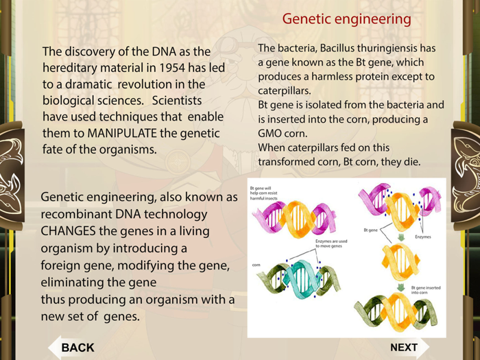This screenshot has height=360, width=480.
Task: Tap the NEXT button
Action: tap(404, 347)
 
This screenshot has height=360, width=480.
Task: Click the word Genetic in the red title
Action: tap(307, 19)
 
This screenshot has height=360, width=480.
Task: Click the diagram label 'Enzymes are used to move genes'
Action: tap(331, 244)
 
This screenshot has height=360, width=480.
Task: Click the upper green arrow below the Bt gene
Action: tap(400, 237)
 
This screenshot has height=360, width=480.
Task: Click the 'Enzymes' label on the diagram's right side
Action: tap(423, 236)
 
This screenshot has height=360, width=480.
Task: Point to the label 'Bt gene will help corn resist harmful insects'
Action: tap(272, 191)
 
